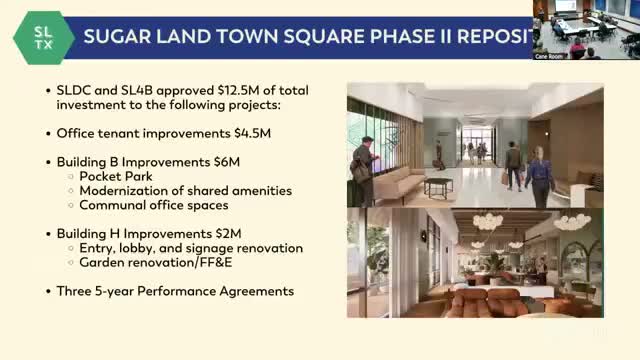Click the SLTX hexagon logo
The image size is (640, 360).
coord(41,37)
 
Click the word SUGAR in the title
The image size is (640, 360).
coord(119,38)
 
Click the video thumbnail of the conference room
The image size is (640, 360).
coord(586,28)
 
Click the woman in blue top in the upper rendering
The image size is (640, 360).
coord(539,179)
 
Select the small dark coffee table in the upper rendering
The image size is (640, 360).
coord(438,186)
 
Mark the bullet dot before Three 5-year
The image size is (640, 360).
coord(49,291)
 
